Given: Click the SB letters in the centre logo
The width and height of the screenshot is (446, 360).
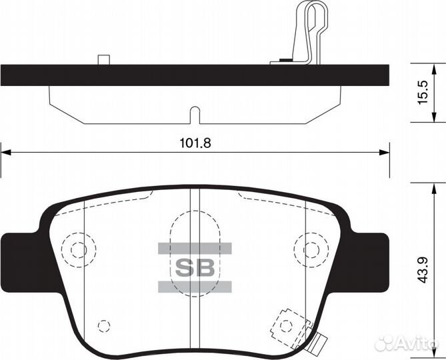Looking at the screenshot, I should coord(195,268).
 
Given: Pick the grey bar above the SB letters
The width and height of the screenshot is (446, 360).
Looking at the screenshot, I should coord(195,249).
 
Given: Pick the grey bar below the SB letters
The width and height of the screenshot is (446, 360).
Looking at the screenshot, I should coord(195,287).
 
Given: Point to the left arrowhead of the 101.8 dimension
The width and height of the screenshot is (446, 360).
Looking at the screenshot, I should coord(5,153).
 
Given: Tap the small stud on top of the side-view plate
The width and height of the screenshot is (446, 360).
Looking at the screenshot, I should coord(103,60).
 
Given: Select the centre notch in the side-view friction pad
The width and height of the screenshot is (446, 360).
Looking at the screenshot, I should coord(194,115).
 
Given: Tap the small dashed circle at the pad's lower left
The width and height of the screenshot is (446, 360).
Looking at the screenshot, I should coord(103,325).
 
